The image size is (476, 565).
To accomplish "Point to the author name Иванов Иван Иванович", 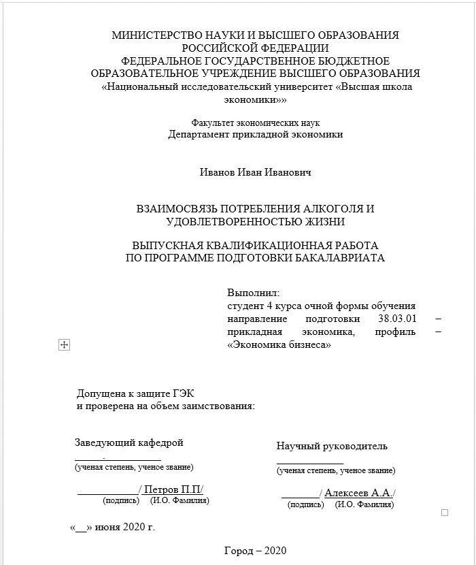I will tap(255, 173).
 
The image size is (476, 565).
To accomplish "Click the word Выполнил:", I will tap(248, 293).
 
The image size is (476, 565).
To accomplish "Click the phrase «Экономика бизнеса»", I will tap(279, 344).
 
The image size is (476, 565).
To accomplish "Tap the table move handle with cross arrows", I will tap(65, 345).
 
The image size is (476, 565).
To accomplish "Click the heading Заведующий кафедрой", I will tap(129, 443).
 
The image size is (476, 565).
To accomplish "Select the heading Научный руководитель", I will tap(332, 447).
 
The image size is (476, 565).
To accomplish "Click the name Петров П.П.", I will tap(172, 490).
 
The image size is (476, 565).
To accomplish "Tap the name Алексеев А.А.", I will tap(358, 493).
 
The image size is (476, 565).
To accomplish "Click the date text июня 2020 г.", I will tap(125, 527).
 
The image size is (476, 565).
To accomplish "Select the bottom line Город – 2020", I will tap(255, 551).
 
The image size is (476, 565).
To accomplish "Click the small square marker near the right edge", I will tap(445, 513).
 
